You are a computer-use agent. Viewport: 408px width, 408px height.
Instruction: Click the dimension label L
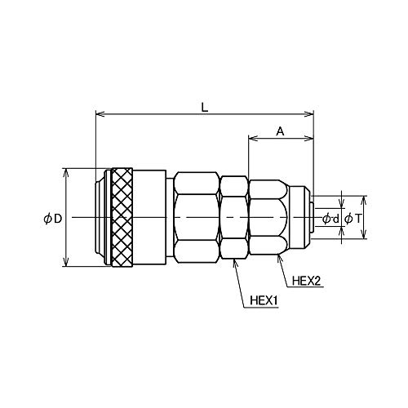pos(205,107)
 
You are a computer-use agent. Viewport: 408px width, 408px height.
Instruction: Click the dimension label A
pos(280,131)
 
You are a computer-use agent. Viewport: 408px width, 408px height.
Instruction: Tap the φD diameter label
pos(53,219)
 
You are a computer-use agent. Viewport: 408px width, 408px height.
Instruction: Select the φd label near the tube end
pos(330,219)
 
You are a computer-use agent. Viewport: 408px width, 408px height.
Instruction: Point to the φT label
pos(353,219)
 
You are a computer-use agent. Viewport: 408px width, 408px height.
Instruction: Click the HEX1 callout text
pos(264,301)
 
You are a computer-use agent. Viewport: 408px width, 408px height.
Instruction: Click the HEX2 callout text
pos(307,281)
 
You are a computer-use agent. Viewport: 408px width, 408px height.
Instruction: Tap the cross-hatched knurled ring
pos(122,217)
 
